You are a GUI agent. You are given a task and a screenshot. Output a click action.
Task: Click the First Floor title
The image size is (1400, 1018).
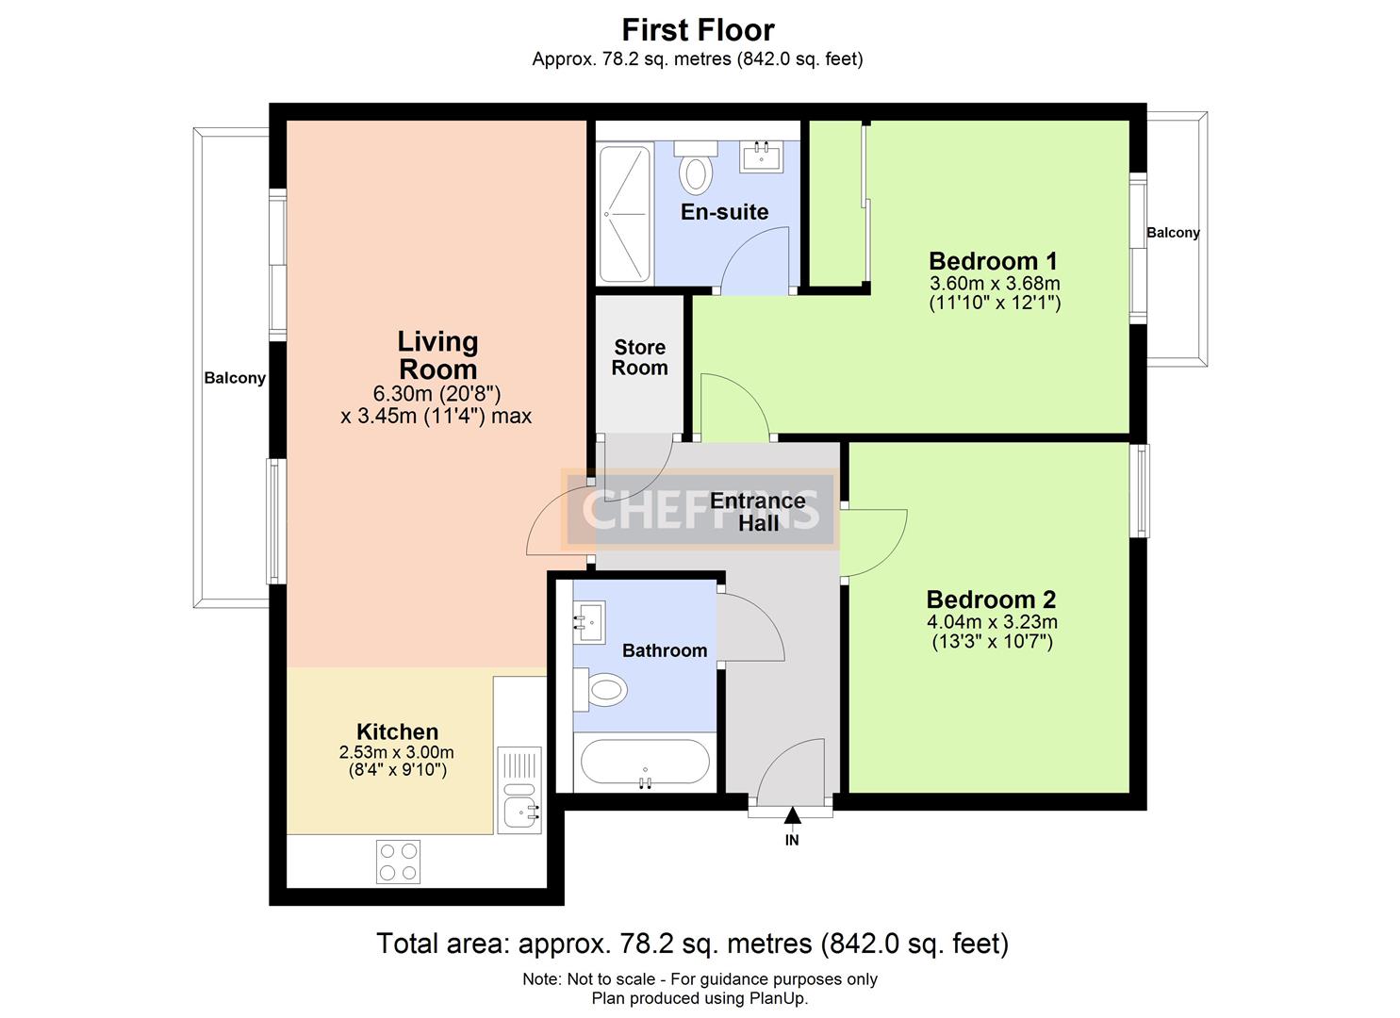point(698,30)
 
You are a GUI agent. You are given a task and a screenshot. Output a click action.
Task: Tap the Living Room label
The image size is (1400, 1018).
point(437,355)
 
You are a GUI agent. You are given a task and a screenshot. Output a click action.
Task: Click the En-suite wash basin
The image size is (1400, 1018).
point(761,156)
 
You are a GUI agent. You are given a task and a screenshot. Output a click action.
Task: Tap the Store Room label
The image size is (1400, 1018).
point(639,358)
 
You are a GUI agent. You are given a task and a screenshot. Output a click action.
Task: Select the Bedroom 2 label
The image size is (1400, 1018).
point(991,599)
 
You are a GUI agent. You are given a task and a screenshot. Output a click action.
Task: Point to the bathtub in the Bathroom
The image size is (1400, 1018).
point(645,762)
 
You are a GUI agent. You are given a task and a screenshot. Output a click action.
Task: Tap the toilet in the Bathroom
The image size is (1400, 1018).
point(601,690)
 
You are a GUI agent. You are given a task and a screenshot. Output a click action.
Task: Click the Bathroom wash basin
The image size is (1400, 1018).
point(589,622)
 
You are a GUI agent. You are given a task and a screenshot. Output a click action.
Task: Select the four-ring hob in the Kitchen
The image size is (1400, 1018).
point(398,861)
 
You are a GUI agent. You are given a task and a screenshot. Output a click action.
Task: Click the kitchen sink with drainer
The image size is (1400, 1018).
point(519,789)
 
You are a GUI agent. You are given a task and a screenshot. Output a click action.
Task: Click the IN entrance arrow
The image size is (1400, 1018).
point(792,815)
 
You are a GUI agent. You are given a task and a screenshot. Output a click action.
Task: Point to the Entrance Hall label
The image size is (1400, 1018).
point(758,512)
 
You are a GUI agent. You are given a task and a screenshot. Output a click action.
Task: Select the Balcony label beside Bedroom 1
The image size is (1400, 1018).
point(1173,233)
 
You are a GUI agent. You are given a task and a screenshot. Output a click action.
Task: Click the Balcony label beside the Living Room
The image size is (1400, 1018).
point(235,378)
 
